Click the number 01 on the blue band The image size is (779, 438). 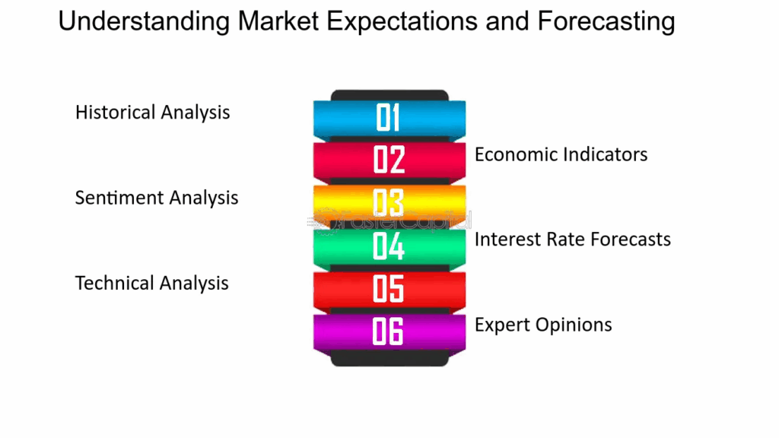(388, 118)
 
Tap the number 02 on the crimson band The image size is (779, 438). (388, 160)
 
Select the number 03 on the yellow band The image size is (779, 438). (388, 203)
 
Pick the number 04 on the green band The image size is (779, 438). (388, 246)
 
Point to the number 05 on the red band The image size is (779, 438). (388, 289)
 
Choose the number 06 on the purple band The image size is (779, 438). (388, 332)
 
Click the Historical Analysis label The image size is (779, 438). (152, 113)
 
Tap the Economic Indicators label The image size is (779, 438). (561, 154)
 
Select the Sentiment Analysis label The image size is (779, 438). (156, 198)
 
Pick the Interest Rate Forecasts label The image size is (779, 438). (572, 240)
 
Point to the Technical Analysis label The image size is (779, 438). (151, 284)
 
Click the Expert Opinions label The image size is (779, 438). (543, 325)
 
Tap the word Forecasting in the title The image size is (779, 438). (606, 22)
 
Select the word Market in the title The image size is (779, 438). (276, 22)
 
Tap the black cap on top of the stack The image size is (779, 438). (389, 95)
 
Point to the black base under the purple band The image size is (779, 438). (389, 359)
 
